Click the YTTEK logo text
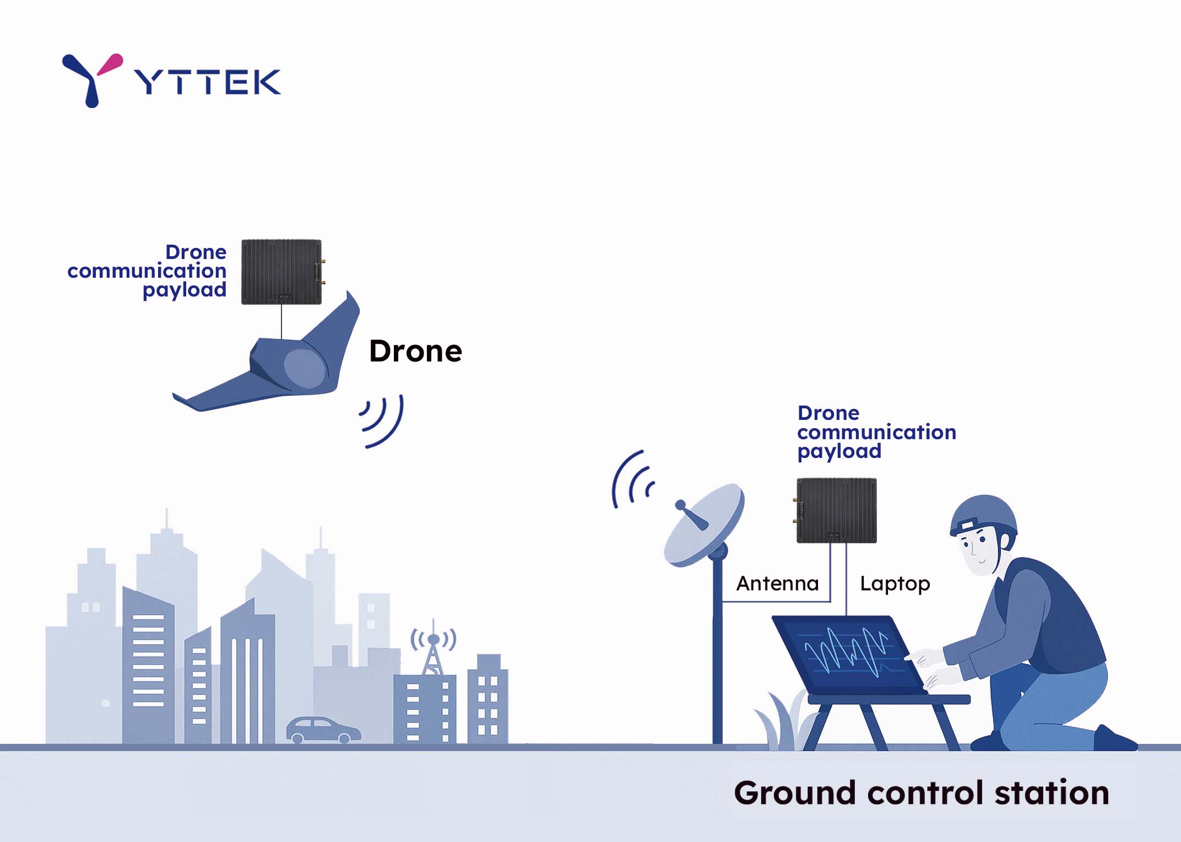coord(208,82)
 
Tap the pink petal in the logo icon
coord(111,64)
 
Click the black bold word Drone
coord(415,351)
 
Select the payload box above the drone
coord(281,272)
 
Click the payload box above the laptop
coord(836,510)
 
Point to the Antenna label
coord(777,583)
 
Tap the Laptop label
coord(895,584)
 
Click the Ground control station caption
coord(921,793)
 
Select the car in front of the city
coord(323,730)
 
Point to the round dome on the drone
coord(304,368)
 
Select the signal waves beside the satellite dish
coord(632,480)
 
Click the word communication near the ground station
coord(876,432)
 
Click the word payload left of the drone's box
coord(185,290)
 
